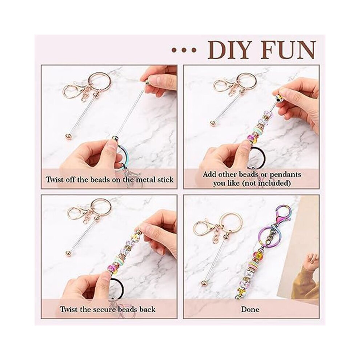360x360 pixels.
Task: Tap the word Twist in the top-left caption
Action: pyautogui.click(x=54, y=179)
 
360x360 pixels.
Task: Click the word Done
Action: pyautogui.click(x=250, y=309)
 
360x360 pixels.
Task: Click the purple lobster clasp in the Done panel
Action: pyautogui.click(x=285, y=212)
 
